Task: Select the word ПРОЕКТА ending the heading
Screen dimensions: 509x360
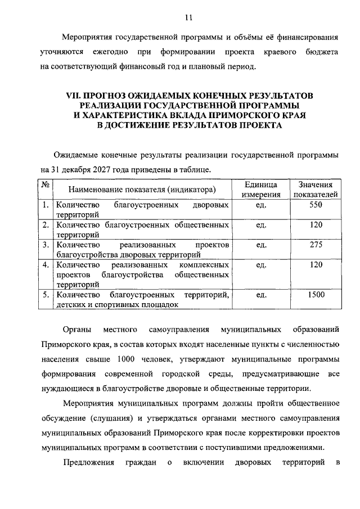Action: pos(253,127)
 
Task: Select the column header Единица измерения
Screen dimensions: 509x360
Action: pos(260,190)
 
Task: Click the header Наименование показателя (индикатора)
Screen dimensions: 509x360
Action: pos(142,190)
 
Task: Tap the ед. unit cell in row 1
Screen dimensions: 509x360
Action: pos(260,205)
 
